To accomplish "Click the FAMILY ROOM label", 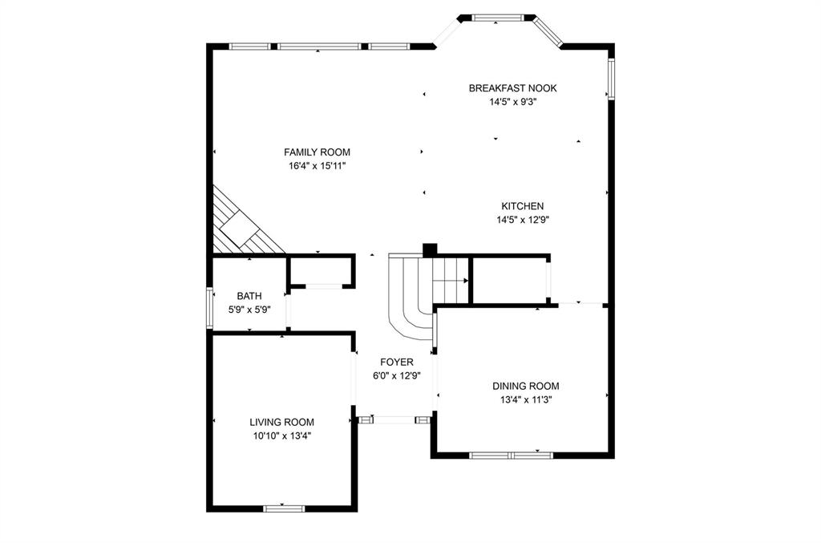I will click(x=317, y=152).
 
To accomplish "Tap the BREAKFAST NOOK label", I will click(x=512, y=88).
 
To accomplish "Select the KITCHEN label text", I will click(x=523, y=206).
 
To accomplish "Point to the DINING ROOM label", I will click(x=525, y=386).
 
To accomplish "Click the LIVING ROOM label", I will click(x=281, y=422).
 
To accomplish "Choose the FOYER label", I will click(x=397, y=362).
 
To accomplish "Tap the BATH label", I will click(x=249, y=296).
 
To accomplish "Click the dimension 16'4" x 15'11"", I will click(x=317, y=165).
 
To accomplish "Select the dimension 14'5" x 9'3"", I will click(x=512, y=102).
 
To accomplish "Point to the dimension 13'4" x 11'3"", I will click(x=525, y=399).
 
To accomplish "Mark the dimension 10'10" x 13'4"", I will click(x=281, y=436).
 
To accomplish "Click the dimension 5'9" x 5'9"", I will click(x=249, y=309).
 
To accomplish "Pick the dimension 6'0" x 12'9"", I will click(x=397, y=375).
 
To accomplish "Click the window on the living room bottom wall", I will click(x=285, y=508).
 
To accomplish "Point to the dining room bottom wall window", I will click(x=511, y=456).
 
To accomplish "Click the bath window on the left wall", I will click(x=209, y=308).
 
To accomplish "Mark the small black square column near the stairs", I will click(x=430, y=249).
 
